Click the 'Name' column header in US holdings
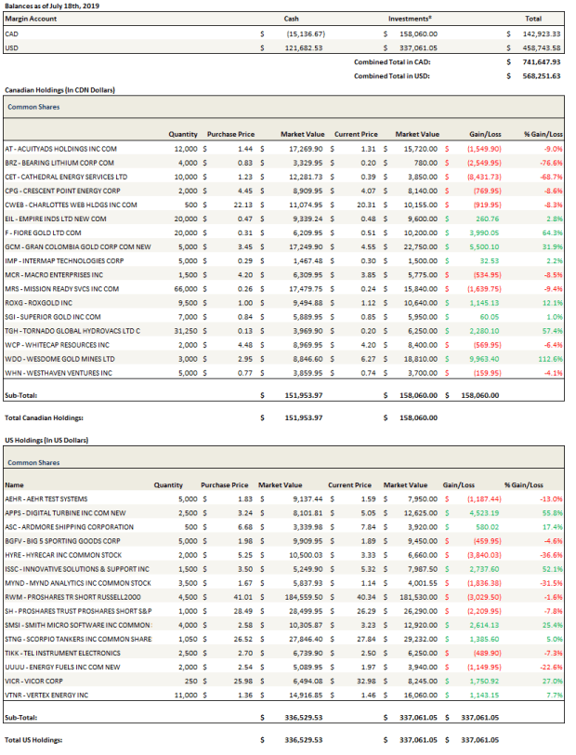click(15, 484)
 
